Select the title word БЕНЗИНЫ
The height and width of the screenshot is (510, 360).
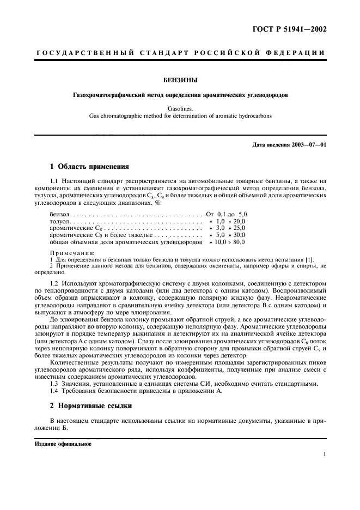point(180,81)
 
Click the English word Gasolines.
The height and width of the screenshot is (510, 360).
point(180,108)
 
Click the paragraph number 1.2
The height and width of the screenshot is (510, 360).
point(54,284)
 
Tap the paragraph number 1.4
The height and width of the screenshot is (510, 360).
point(54,392)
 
